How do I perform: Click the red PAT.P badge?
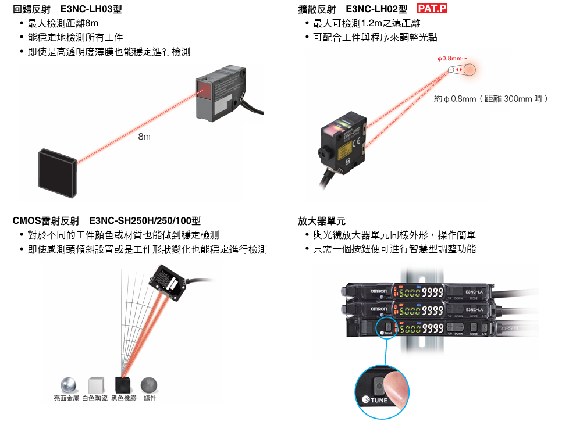point(435,9)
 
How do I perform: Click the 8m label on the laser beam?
point(144,137)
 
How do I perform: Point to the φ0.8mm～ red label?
point(453,59)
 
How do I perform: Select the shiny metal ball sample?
point(69,385)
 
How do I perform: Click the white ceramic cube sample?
point(95,385)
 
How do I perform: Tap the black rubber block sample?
point(123,384)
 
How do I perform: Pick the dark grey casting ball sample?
point(150,384)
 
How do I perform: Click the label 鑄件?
point(150,398)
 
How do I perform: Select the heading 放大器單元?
point(321,221)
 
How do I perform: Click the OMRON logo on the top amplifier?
point(379,291)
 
